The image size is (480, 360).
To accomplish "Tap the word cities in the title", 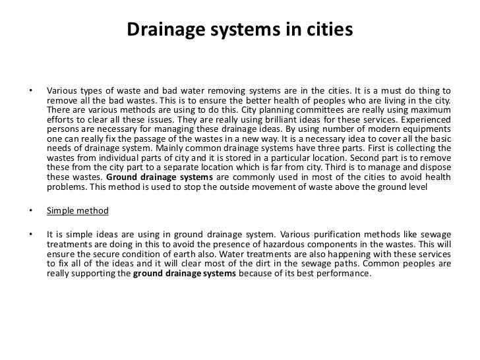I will pyautogui.click(x=332, y=30).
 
